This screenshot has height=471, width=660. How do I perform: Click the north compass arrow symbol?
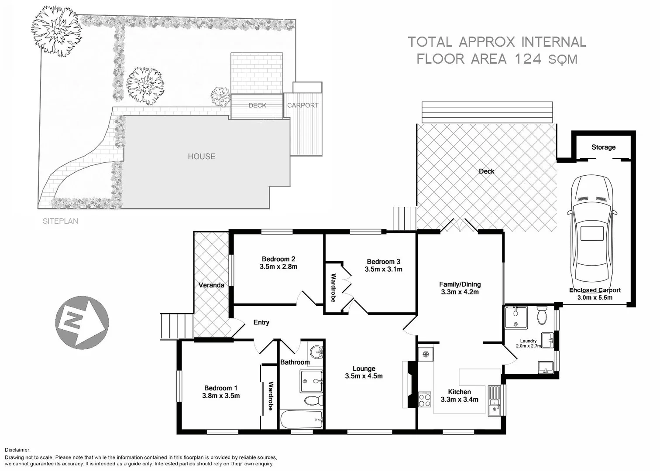[82, 322]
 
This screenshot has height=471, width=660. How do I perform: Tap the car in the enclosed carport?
[591, 231]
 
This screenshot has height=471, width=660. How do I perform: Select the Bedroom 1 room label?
[221, 388]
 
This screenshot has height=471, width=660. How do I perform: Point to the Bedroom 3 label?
[383, 262]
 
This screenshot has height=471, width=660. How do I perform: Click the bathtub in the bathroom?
[302, 420]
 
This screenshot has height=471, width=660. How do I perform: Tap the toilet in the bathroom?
[313, 400]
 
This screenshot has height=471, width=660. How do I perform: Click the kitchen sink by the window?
[494, 399]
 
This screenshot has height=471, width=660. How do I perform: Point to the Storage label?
[603, 147]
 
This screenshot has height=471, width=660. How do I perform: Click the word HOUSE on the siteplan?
[201, 157]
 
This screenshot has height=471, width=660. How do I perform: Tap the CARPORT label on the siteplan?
[302, 106]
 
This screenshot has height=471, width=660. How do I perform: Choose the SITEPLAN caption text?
[60, 221]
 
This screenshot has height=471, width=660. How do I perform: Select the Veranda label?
[211, 285]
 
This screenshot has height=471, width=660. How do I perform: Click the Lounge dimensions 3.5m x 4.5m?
[364, 376]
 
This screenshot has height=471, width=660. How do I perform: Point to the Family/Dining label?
[460, 284]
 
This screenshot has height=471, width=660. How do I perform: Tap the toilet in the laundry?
[542, 315]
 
